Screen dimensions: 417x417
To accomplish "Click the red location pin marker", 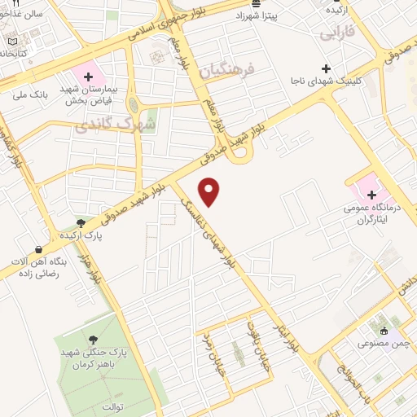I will pos(211,191).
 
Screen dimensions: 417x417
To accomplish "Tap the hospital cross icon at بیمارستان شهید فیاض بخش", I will pos(88,76).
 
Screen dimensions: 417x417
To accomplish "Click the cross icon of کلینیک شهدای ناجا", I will pos(327,68).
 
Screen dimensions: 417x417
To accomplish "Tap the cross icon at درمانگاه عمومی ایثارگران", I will pos(371,195).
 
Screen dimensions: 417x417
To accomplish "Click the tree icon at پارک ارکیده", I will pos(80,222).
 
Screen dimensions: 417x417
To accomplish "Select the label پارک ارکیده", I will pos(80,235).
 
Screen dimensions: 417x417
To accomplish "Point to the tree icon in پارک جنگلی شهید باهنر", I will pos(90,340).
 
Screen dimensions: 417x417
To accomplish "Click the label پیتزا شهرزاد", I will pos(256,15).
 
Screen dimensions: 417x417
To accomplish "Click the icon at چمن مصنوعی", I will pos(384,331).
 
